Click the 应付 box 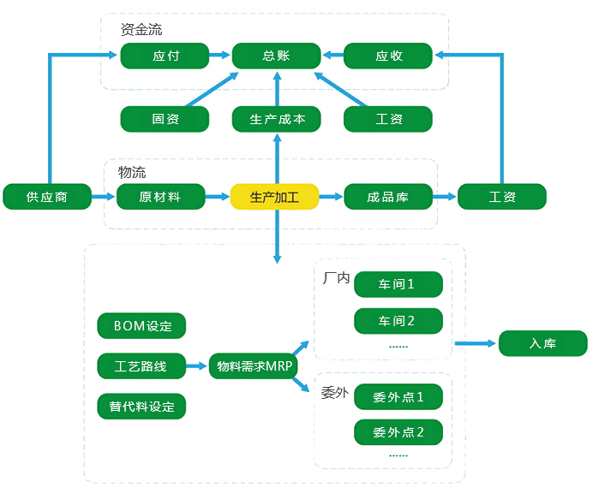click(x=165, y=56)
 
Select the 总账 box click(x=276, y=56)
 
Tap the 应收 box click(x=388, y=56)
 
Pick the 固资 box click(x=165, y=119)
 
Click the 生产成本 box click(x=276, y=119)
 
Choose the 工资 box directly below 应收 click(x=388, y=119)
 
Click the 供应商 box click(x=46, y=197)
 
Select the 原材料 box click(x=159, y=197)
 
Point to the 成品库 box click(x=387, y=197)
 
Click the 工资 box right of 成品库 click(x=502, y=197)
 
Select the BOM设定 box click(x=142, y=326)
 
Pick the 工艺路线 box click(x=142, y=367)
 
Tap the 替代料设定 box click(x=142, y=406)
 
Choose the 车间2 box click(x=398, y=321)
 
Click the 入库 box click(x=542, y=344)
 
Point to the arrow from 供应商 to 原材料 click(x=103, y=197)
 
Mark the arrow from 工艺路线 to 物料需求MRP click(x=197, y=367)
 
